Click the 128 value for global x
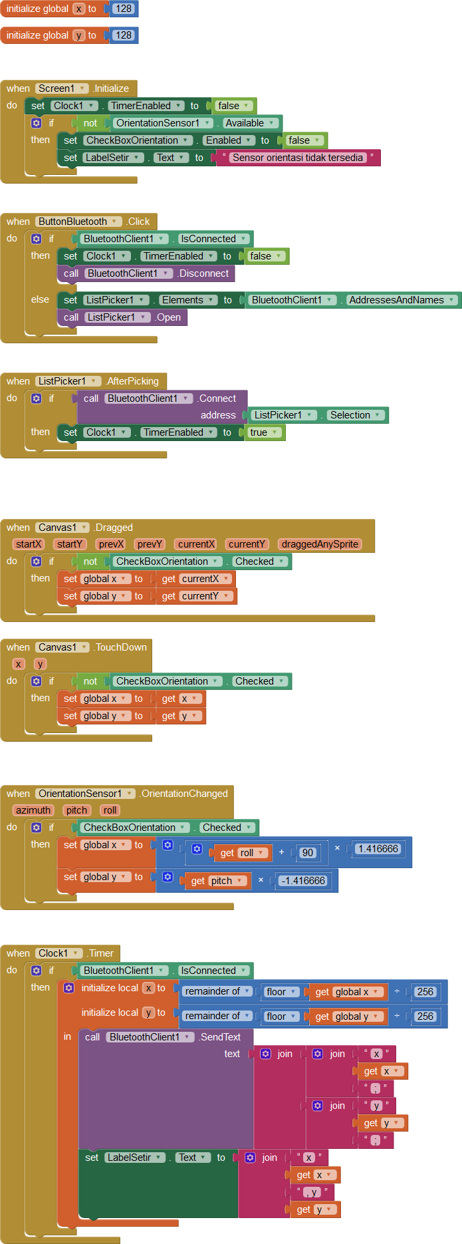click(123, 9)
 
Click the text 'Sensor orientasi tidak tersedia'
click(298, 158)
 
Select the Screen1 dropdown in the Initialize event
click(62, 88)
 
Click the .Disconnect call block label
click(203, 273)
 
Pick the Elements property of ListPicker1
click(188, 300)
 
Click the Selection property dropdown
click(355, 415)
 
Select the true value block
click(259, 432)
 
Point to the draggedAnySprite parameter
click(320, 544)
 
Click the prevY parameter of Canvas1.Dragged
click(150, 544)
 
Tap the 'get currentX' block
click(195, 579)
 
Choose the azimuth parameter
click(33, 810)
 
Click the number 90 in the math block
click(308, 853)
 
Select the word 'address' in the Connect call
click(218, 415)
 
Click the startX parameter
click(29, 544)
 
